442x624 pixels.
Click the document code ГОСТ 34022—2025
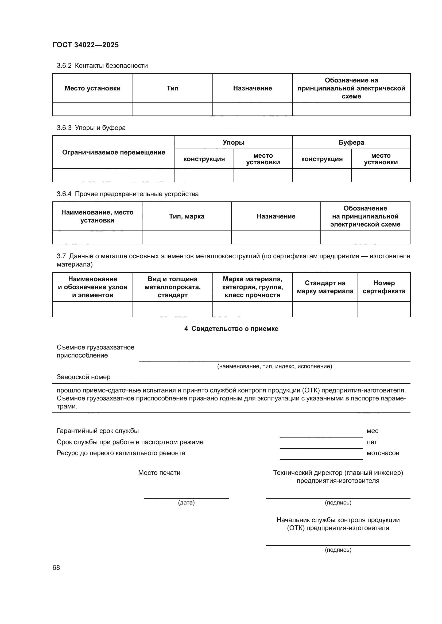tap(86, 45)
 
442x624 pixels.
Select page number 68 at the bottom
tap(56, 567)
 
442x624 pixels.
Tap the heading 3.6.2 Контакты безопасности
tap(102, 66)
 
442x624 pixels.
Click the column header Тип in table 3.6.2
tap(172, 88)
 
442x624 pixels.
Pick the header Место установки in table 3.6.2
tap(92, 88)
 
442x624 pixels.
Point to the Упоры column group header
tap(233, 142)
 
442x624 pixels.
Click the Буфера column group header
tap(351, 142)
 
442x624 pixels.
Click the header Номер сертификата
tap(384, 287)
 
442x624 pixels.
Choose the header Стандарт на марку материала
tap(325, 287)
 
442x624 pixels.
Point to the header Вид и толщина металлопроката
tap(172, 287)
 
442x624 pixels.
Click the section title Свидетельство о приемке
tap(231, 329)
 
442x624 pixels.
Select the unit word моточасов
tap(383, 453)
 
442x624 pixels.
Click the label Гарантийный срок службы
tap(98, 431)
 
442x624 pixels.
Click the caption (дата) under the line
tap(186, 503)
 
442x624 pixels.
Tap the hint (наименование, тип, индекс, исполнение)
tap(274, 366)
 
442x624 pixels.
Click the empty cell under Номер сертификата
tap(384, 309)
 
